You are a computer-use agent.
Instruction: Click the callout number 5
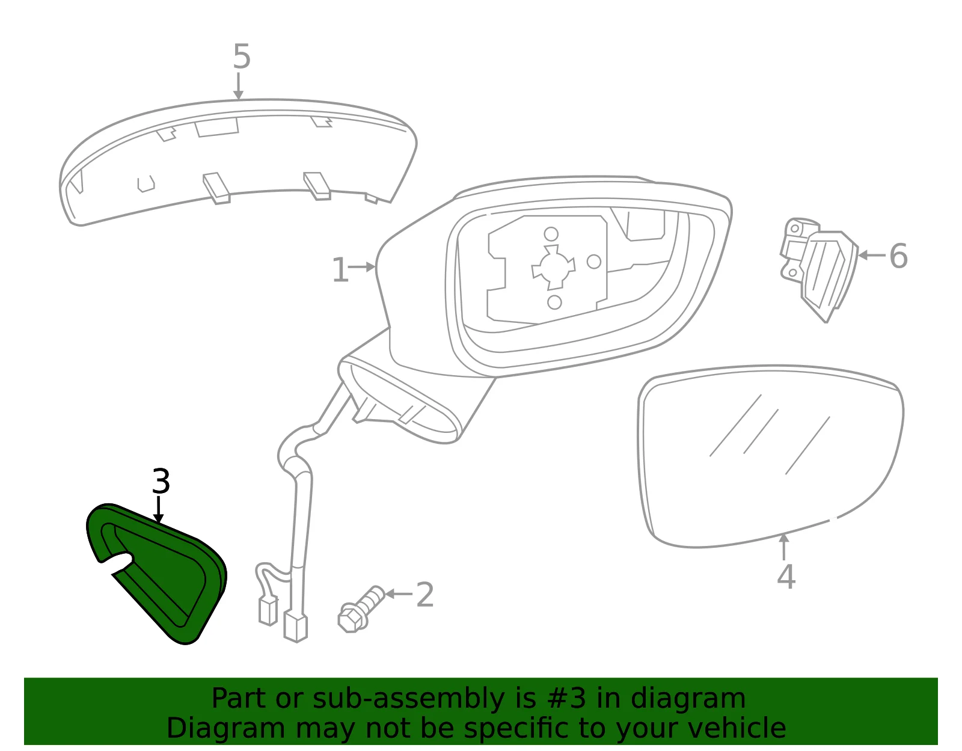(x=242, y=56)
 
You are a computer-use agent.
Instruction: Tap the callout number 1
(x=340, y=269)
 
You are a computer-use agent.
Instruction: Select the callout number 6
(x=898, y=256)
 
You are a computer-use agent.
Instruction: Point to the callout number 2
(x=425, y=595)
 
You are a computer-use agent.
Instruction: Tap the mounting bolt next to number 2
(x=360, y=609)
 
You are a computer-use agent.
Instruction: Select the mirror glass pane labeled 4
(x=770, y=456)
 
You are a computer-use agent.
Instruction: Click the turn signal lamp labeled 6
(x=819, y=269)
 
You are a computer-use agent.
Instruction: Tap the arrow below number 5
(x=238, y=87)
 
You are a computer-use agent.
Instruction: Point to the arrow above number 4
(x=783, y=547)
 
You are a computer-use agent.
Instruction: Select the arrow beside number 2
(x=399, y=594)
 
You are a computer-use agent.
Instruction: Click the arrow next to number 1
(x=362, y=267)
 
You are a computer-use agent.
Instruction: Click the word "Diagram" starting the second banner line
(x=226, y=729)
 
